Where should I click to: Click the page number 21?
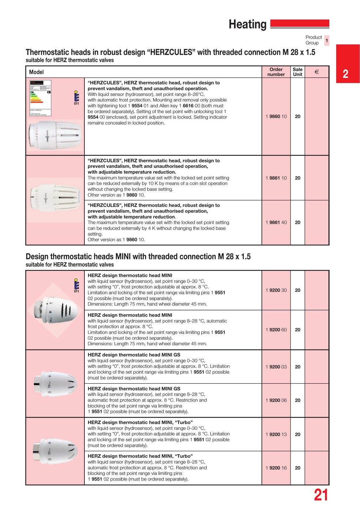[321, 495]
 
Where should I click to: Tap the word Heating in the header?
[247, 25]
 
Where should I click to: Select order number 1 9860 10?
[276, 117]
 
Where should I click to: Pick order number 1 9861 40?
[276, 222]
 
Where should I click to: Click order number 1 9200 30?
[276, 290]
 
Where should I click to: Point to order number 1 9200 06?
[276, 400]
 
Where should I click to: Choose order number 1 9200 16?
[276, 468]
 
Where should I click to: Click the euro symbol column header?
[317, 72]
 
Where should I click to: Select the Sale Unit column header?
[298, 72]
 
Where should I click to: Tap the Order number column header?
[276, 72]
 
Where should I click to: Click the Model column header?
[36, 72]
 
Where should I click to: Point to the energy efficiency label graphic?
[40, 98]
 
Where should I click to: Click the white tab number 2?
[345, 74]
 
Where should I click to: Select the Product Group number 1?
[327, 40]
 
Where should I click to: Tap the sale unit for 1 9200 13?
[298, 434]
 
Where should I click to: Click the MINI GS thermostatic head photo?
[55, 384]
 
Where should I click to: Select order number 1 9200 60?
[276, 330]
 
